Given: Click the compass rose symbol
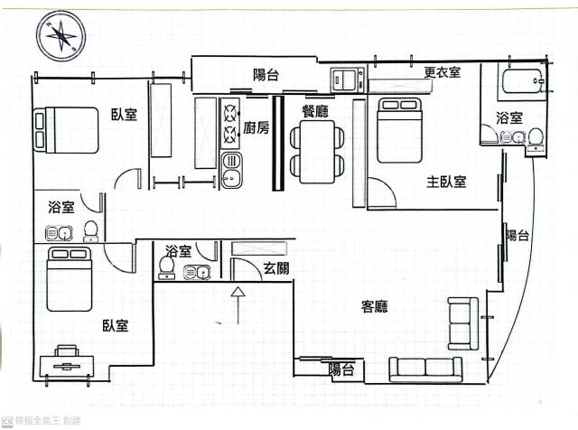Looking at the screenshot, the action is pos(61,36).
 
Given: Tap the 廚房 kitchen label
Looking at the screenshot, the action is pos(256,128).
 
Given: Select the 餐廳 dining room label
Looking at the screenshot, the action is pos(315,111).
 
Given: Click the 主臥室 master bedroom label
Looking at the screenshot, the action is pos(446,182).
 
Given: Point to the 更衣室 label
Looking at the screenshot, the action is pos(442,71).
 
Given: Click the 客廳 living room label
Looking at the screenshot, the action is pos(375,306).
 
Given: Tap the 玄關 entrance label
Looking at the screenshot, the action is pos(276,268).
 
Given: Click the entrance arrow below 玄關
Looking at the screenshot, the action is pos(238,305).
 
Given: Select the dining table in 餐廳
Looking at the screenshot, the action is pos(317,152).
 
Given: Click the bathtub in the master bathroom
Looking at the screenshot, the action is pos(523,81).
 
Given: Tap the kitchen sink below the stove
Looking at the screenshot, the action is pos(231,171).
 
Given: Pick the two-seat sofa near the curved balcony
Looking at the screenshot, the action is pos(463,323).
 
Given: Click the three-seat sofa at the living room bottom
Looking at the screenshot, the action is pos(425,369).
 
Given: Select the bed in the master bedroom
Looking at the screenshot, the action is pos(399,130).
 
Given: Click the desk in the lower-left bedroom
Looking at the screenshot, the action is pos(67,366).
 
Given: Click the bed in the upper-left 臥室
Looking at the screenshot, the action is pos(66,130).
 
